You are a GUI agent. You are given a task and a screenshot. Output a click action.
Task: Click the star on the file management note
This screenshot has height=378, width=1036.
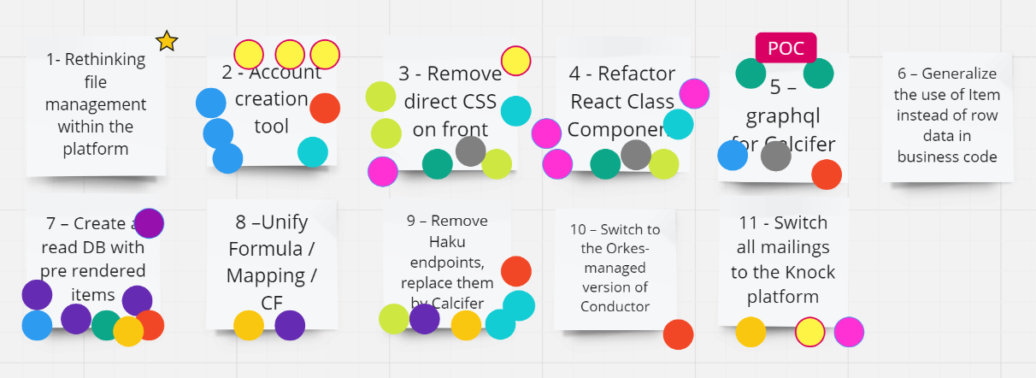click(167, 41)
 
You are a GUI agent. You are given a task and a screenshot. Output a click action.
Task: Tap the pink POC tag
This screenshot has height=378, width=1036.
click(786, 48)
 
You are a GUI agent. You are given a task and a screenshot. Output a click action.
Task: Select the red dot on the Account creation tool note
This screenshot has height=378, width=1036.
click(325, 109)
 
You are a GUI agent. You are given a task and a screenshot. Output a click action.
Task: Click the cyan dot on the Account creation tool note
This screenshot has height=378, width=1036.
click(313, 152)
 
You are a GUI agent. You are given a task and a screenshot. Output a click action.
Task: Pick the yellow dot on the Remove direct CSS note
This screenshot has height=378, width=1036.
click(515, 61)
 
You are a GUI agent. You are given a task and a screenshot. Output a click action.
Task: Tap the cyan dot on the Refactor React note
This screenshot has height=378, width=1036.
click(678, 124)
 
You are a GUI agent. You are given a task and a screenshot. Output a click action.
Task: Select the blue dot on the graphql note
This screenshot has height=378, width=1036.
click(733, 156)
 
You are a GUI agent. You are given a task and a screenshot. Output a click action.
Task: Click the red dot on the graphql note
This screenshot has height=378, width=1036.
click(827, 174)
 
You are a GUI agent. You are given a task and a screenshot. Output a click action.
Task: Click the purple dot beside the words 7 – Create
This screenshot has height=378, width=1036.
click(149, 223)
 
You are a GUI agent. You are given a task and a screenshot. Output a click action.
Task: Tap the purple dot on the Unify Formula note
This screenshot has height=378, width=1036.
click(290, 326)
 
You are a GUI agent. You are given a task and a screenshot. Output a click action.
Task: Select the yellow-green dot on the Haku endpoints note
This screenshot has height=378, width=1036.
click(394, 319)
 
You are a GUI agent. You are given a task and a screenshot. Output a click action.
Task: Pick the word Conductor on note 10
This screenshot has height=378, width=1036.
click(615, 306)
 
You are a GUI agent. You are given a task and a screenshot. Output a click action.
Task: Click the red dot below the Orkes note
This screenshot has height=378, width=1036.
click(678, 334)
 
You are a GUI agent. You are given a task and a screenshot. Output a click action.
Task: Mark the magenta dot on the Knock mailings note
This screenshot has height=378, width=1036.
click(849, 332)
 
